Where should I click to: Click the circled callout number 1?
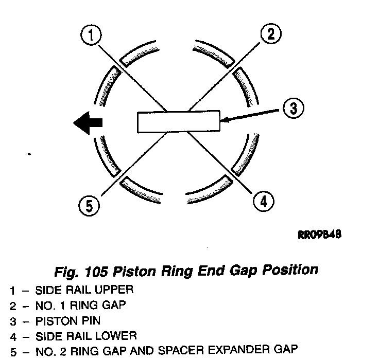click(x=91, y=35)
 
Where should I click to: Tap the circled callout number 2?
click(x=271, y=34)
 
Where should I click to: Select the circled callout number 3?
click(x=293, y=109)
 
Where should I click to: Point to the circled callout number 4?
click(x=263, y=201)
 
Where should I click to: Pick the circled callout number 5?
click(x=89, y=206)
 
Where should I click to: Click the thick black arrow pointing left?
click(x=88, y=122)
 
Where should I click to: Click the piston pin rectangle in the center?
click(x=178, y=122)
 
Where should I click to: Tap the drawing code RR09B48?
click(x=320, y=235)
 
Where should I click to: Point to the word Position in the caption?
click(x=293, y=269)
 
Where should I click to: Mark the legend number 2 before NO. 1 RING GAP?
click(x=12, y=305)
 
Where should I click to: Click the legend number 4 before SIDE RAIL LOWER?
click(x=12, y=337)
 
